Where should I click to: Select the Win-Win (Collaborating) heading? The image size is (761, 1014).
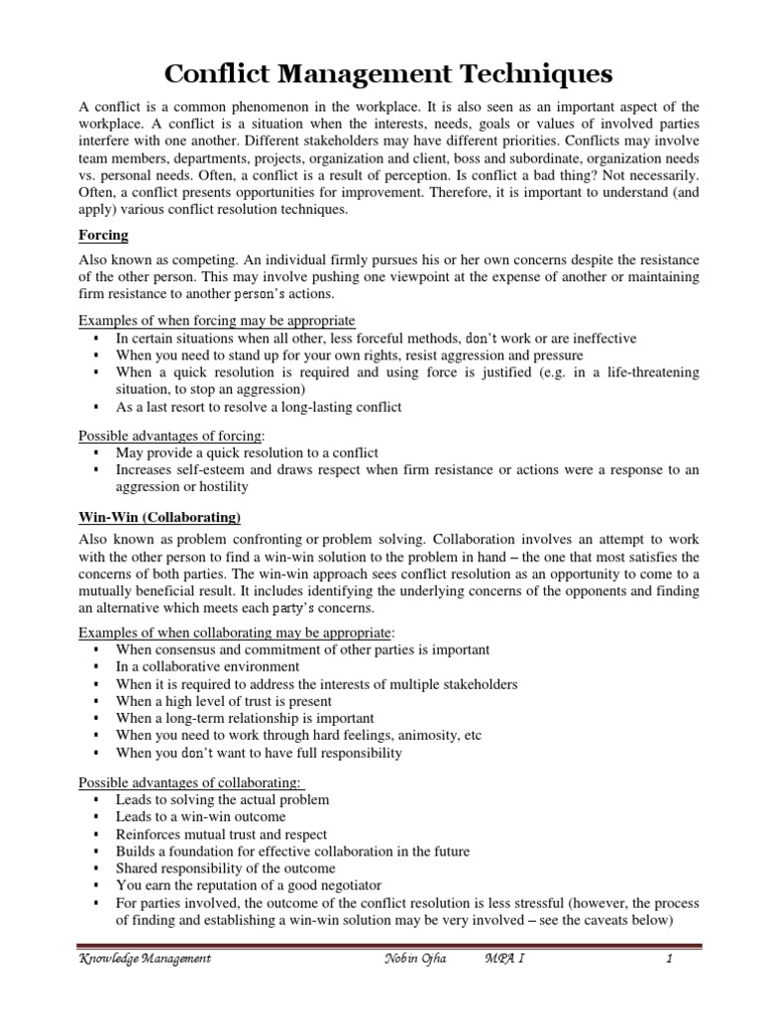pyautogui.click(x=160, y=518)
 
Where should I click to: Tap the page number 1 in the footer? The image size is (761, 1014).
pyautogui.click(x=670, y=959)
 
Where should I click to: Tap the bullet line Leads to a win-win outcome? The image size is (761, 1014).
pyautogui.click(x=200, y=817)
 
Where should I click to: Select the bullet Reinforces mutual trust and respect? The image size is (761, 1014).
pyautogui.click(x=221, y=835)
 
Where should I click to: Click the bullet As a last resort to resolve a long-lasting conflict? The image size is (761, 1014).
pyautogui.click(x=259, y=407)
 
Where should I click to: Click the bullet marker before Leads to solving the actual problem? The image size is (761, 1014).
pyautogui.click(x=95, y=799)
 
